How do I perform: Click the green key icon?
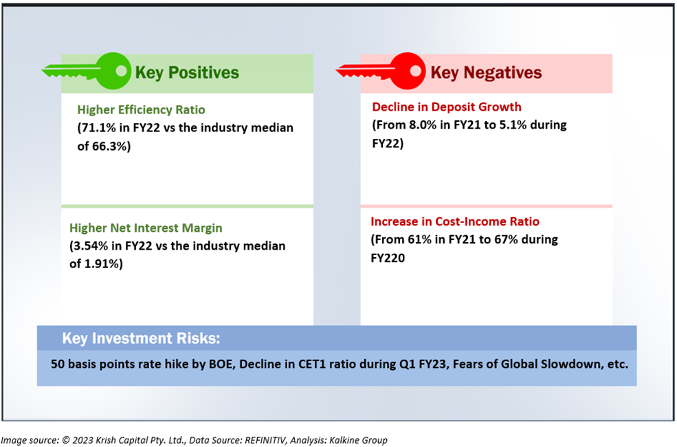(87, 72)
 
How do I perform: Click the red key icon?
(381, 72)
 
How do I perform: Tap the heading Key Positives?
(187, 73)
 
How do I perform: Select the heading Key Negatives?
(486, 73)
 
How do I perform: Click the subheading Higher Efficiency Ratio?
(141, 110)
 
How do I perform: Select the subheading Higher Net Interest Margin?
(146, 228)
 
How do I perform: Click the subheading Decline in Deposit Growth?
(447, 107)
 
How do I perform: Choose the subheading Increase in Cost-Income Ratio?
(455, 221)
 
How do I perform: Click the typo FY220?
(388, 259)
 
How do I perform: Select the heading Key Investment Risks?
(141, 338)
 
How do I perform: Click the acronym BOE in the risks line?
(221, 364)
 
